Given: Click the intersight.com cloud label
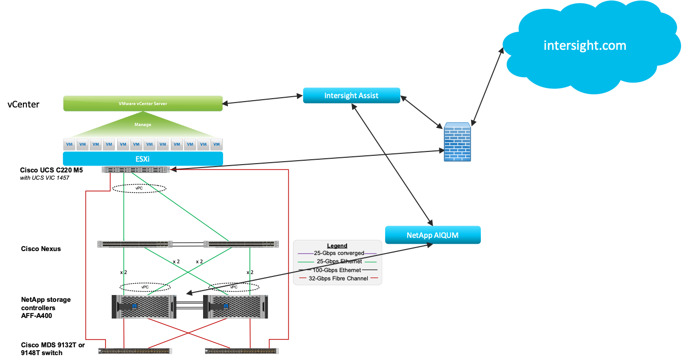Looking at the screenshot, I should [584, 46].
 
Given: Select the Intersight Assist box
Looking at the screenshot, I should [351, 96].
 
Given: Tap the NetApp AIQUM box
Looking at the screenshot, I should [433, 235].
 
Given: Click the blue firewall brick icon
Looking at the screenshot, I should [457, 142].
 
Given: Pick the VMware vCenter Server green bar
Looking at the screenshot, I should [143, 104].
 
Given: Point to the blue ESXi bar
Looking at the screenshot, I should [143, 159].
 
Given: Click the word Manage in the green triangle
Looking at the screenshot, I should [143, 125].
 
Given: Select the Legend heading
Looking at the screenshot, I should [337, 246].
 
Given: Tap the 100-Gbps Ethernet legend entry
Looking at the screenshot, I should [337, 270].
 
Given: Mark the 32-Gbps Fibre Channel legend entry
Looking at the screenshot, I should [337, 278].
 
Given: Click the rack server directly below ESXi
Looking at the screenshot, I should [136, 169].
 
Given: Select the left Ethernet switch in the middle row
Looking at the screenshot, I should [135, 244].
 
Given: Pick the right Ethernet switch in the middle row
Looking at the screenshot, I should [241, 244].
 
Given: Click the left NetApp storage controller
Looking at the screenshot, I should [144, 306].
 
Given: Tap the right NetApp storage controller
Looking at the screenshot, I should [235, 306].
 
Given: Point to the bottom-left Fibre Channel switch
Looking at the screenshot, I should [135, 351].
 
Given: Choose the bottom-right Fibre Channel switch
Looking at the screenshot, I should [242, 351].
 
